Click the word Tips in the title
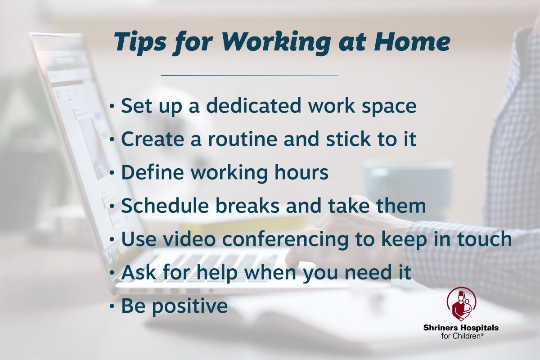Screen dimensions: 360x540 [138, 41]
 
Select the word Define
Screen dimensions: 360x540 [153, 173]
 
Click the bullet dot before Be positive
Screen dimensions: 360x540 [112, 306]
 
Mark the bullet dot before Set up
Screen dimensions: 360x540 [112, 107]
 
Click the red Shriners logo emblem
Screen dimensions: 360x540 [460, 304]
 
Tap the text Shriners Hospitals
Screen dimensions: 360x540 [460, 328]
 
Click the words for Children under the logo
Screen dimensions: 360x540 [460, 336]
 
